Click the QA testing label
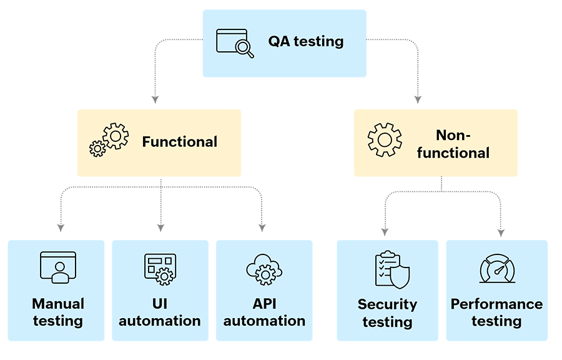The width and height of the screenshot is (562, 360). (x=306, y=41)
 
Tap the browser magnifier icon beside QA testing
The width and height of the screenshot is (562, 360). (x=235, y=42)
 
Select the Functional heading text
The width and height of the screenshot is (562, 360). (x=180, y=142)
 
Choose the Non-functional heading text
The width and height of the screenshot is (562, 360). (x=453, y=144)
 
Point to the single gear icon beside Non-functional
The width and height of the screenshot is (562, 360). (x=384, y=139)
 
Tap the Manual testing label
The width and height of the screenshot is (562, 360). (x=57, y=312)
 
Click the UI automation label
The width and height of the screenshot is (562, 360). (x=160, y=312)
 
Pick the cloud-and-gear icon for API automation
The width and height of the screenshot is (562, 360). (x=264, y=269)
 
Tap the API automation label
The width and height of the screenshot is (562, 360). (x=264, y=312)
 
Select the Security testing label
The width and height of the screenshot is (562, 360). (x=387, y=313)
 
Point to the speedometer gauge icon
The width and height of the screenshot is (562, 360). (x=497, y=269)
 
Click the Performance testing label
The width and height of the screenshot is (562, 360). (x=496, y=312)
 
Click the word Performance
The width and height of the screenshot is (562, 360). (x=496, y=304)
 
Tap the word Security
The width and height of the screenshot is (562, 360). (x=387, y=305)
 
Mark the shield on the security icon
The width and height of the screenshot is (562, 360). (x=400, y=276)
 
